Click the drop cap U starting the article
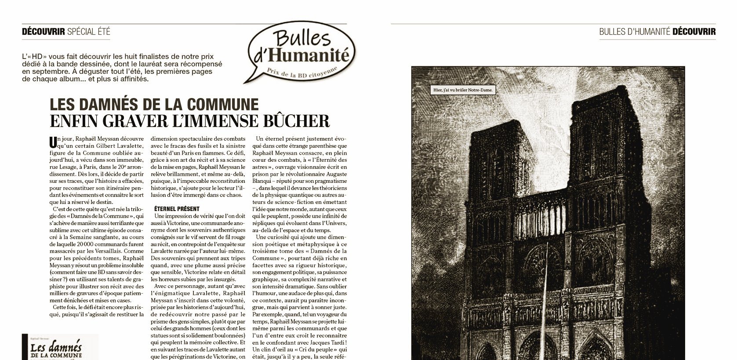pyautogui.click(x=53, y=142)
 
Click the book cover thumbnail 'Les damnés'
pyautogui.click(x=60, y=347)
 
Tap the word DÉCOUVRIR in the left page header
pyautogui.click(x=44, y=31)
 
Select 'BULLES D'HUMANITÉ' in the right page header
pyautogui.click(x=634, y=32)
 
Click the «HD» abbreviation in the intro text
pyautogui.click(x=37, y=57)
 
